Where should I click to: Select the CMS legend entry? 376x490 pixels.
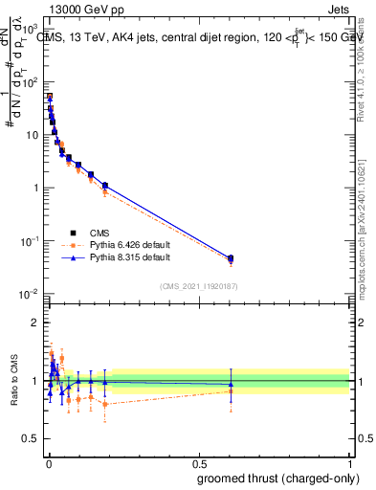[x=100, y=232]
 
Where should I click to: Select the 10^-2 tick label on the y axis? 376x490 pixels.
[x=31, y=293]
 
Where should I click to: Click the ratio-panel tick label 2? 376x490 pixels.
[x=36, y=323]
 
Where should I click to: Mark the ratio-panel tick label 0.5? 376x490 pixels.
[x=32, y=441]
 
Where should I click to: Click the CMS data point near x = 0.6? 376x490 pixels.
[x=230, y=258]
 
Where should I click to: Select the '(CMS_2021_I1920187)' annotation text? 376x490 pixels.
[x=199, y=285]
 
